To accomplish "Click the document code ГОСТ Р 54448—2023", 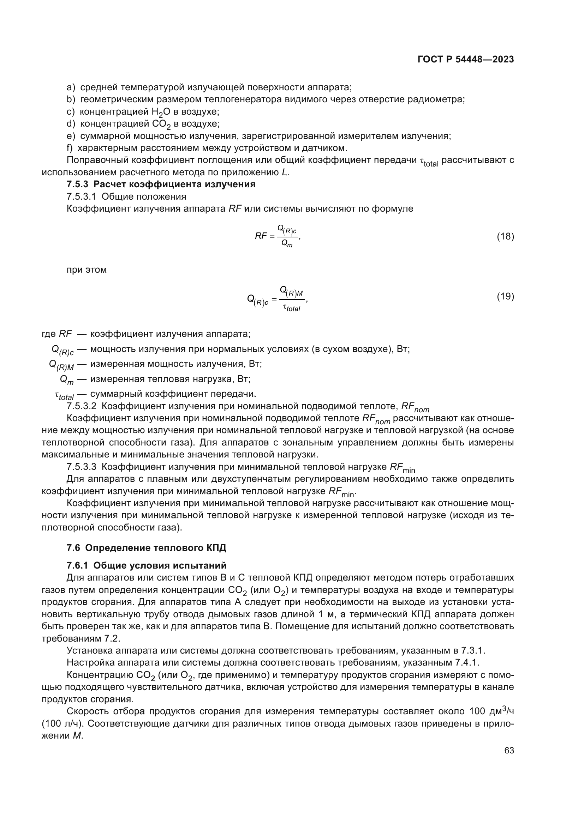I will click(465, 60).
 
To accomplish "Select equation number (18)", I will click(505, 236).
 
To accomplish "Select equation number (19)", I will click(505, 296).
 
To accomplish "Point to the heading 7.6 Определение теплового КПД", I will click(147, 548).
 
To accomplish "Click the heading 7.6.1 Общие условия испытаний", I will click(147, 565).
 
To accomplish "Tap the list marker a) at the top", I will click(71, 87).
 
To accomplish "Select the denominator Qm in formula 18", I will click(287, 244).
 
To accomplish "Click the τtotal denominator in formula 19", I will click(291, 308).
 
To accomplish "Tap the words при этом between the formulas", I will click(87, 269).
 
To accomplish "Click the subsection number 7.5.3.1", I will click(81, 196).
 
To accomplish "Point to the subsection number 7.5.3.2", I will click(81, 406).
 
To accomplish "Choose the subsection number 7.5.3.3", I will click(81, 467).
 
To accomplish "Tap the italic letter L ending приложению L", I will click(284, 172).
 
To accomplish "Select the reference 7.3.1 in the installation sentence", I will click(473, 651).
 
